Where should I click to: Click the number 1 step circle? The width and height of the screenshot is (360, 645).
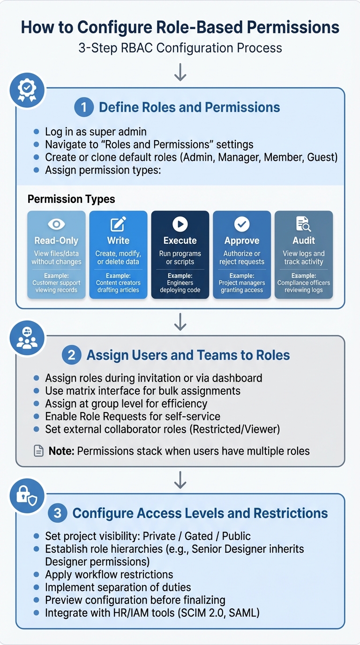(84, 107)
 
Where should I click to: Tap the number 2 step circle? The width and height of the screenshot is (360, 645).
(72, 355)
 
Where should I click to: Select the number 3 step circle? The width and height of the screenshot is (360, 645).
(58, 513)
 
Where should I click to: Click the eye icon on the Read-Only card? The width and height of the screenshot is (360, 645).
(56, 225)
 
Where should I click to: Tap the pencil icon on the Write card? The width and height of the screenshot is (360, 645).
(118, 225)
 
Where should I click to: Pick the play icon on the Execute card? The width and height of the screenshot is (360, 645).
(180, 225)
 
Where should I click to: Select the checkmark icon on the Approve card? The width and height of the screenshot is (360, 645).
(242, 225)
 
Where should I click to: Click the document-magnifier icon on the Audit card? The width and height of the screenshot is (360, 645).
(304, 225)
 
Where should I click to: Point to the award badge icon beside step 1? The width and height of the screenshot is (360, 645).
(27, 90)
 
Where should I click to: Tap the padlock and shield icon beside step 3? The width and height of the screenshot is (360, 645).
(27, 495)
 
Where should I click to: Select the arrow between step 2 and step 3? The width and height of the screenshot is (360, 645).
(180, 480)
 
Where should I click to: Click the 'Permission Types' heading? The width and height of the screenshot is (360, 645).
(71, 199)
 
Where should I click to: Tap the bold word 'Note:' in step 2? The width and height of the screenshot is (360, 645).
(61, 451)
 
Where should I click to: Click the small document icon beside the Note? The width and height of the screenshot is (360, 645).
(39, 451)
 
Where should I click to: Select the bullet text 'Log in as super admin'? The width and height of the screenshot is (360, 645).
(96, 132)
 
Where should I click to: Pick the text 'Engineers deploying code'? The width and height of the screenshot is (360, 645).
(180, 286)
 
